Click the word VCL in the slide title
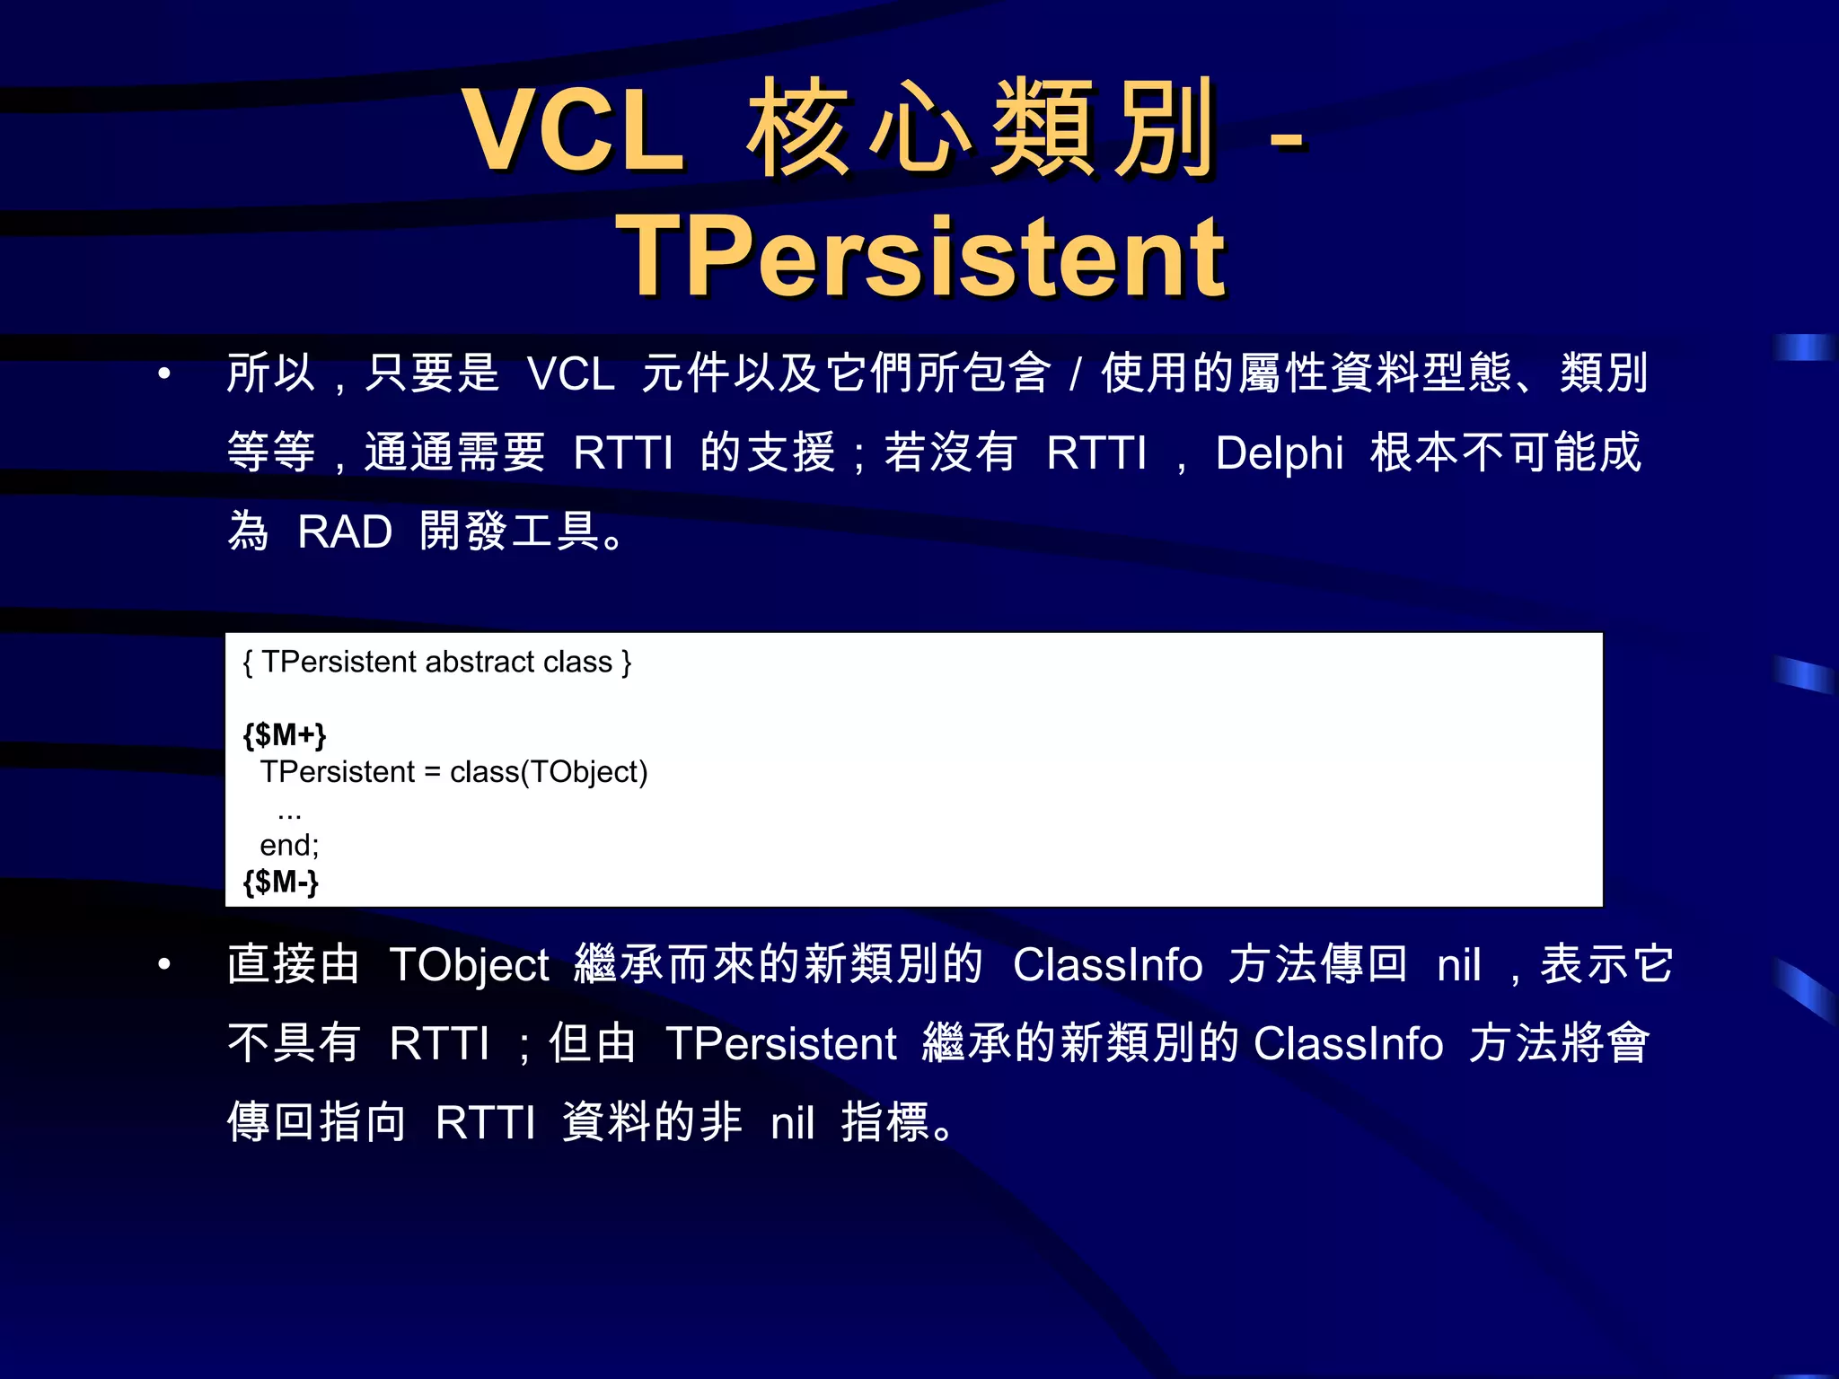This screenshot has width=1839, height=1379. tap(574, 130)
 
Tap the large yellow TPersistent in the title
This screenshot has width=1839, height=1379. tap(920, 257)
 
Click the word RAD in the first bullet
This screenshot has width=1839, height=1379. tap(345, 532)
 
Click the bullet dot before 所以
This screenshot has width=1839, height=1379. tap(163, 373)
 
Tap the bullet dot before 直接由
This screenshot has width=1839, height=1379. tap(163, 965)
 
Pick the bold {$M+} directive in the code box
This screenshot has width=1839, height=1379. tap(285, 735)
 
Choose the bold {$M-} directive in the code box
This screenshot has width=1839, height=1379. tap(281, 882)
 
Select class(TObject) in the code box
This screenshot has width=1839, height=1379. tap(549, 772)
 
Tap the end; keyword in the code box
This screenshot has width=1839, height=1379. tap(289, 845)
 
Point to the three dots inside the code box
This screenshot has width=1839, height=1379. tap(289, 815)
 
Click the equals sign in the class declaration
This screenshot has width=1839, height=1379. tap(433, 773)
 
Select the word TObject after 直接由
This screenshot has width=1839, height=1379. tap(470, 966)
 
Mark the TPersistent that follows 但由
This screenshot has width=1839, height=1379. tap(781, 1044)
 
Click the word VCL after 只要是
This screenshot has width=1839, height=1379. tap(571, 374)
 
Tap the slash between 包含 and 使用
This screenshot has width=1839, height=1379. tap(1075, 374)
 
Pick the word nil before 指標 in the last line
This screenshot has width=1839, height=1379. tap(793, 1123)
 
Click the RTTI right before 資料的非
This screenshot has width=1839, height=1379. tap(485, 1123)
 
